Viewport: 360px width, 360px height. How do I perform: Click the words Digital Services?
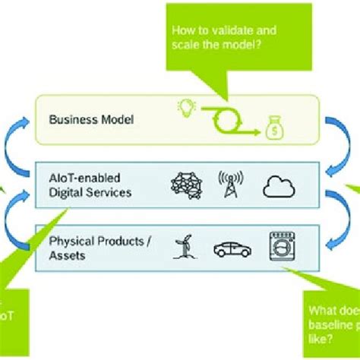point(90,192)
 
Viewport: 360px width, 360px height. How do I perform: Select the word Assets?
point(66,255)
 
